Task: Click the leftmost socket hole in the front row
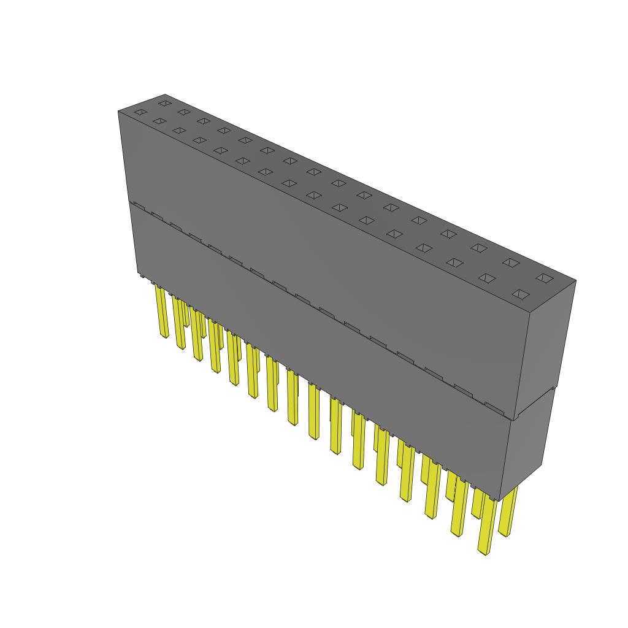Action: click(x=140, y=112)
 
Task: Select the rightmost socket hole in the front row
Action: click(x=520, y=294)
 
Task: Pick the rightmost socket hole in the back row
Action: click(x=543, y=278)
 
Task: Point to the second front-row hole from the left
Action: click(x=158, y=121)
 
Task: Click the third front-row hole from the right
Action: click(x=454, y=262)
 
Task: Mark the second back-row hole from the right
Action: click(x=510, y=262)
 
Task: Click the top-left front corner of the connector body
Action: click(x=118, y=111)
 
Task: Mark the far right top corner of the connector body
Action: click(x=576, y=280)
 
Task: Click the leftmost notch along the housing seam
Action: click(x=139, y=205)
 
